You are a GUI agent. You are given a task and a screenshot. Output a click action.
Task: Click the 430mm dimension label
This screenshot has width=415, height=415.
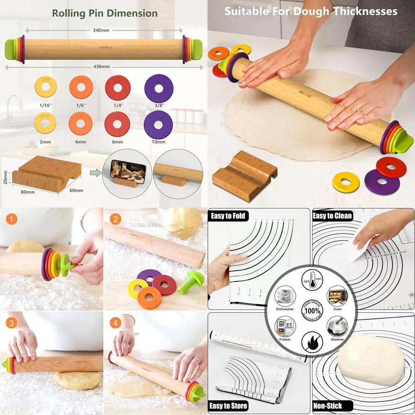pyautogui.click(x=101, y=66)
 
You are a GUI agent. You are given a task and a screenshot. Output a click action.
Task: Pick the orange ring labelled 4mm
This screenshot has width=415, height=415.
pyautogui.click(x=81, y=124)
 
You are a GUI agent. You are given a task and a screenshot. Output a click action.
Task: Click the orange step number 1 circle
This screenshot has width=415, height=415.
pyautogui.click(x=12, y=219)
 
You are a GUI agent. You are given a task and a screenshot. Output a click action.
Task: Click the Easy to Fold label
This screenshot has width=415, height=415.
pyautogui.click(x=228, y=215)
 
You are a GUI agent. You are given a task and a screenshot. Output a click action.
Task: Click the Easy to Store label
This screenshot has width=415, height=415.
pyautogui.click(x=229, y=405)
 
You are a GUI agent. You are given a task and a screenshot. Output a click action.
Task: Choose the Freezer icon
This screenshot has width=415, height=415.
pyautogui.click(x=285, y=327)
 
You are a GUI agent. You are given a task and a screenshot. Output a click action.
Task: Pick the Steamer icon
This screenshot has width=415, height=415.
pyautogui.click(x=337, y=327)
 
